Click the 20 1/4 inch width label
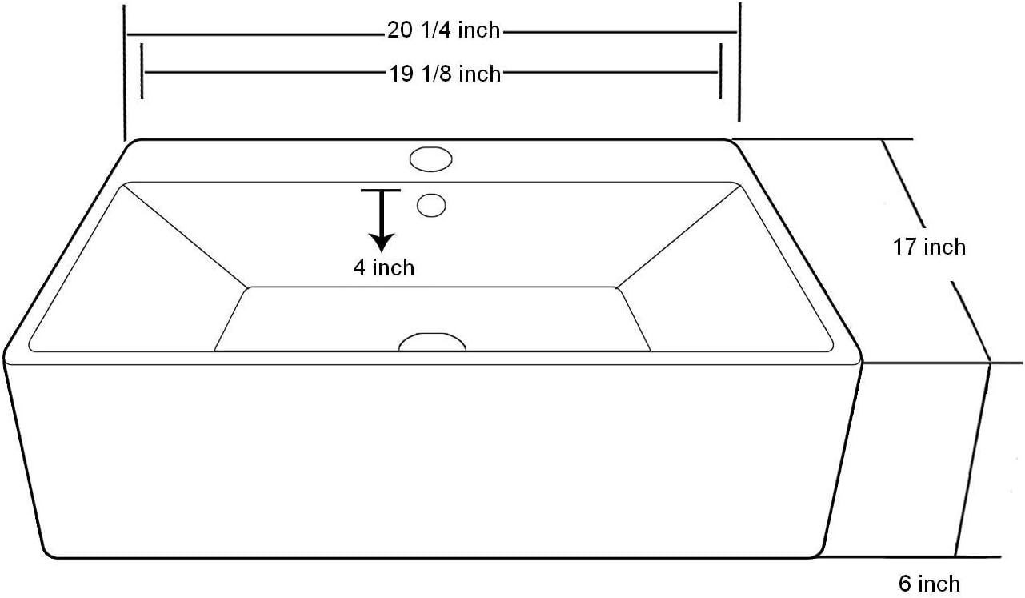444,30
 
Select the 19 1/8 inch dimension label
445,74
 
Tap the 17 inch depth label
929,247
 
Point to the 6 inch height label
928,584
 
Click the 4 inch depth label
384,267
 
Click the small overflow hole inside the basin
431,205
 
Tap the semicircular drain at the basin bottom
432,343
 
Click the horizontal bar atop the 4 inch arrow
381,191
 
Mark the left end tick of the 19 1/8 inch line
142,72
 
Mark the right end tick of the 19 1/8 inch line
720,72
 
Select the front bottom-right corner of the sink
819,553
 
